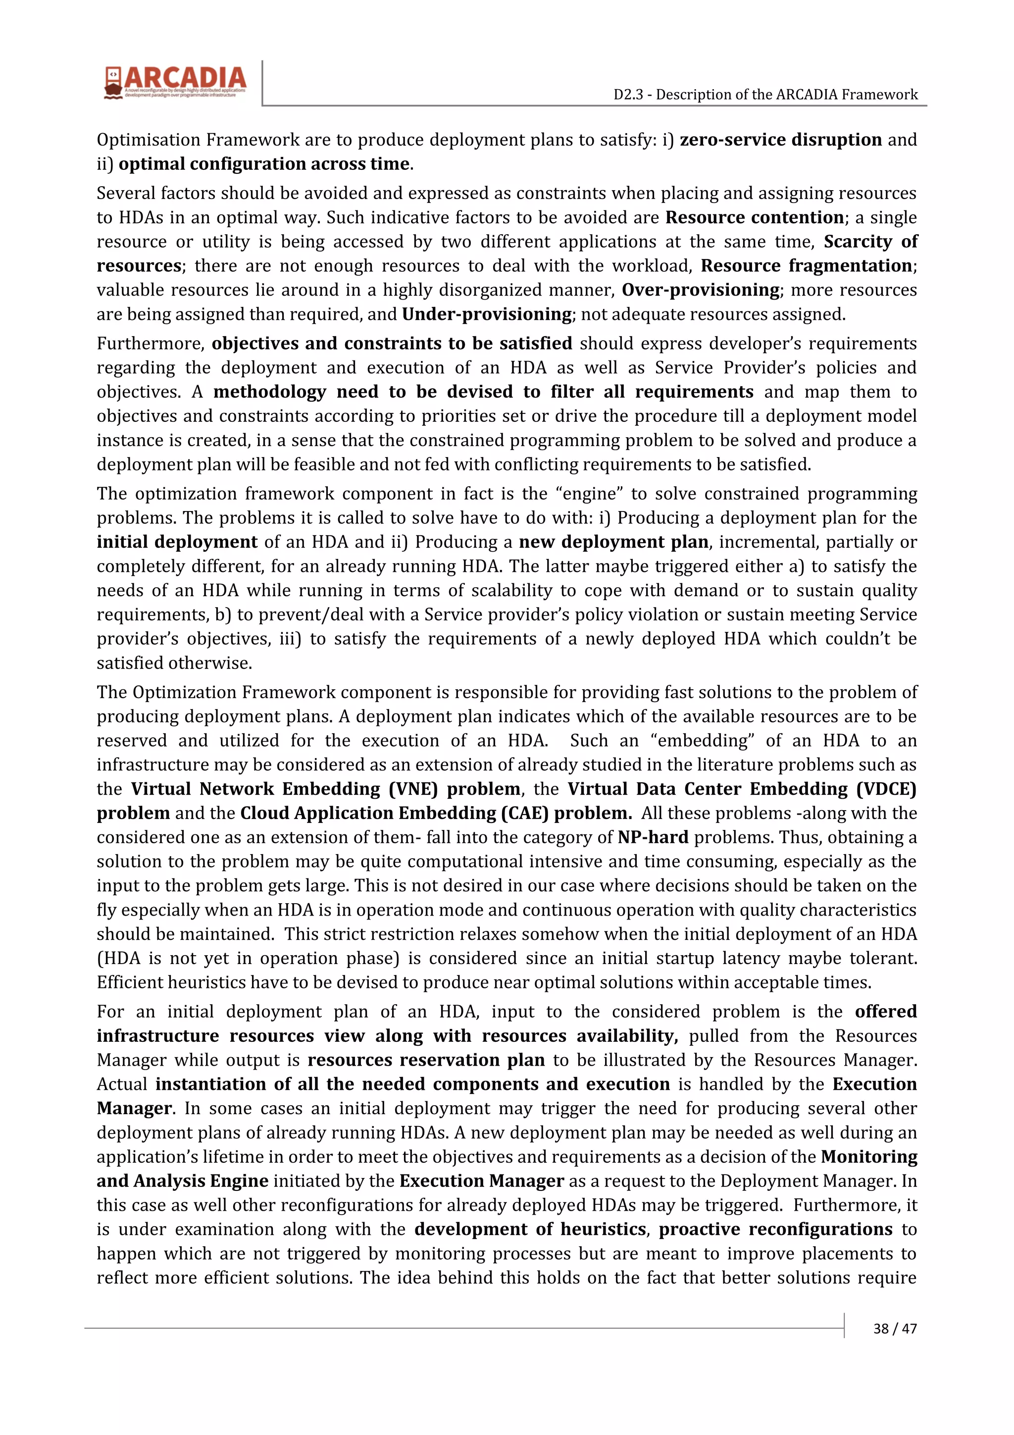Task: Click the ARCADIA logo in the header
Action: (176, 83)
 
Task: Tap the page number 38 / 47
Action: (895, 1328)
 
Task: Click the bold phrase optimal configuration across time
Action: (264, 164)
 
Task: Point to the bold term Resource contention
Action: (755, 217)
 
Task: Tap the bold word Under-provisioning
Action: (487, 314)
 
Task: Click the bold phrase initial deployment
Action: (177, 542)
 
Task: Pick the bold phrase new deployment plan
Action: (613, 542)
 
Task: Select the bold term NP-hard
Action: (653, 837)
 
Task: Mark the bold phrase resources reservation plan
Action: (426, 1060)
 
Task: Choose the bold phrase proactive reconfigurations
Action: (775, 1230)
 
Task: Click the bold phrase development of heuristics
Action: (530, 1230)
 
